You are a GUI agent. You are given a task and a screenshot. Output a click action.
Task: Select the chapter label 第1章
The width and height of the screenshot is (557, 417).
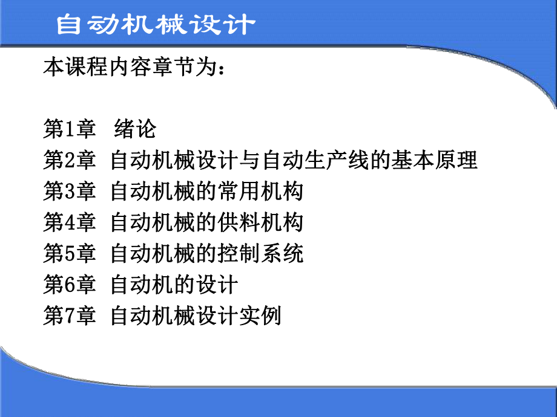pos(70,128)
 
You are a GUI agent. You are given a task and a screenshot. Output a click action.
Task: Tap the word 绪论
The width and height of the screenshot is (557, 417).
pos(135,128)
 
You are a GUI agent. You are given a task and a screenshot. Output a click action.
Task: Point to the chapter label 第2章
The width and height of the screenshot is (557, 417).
pos(70,160)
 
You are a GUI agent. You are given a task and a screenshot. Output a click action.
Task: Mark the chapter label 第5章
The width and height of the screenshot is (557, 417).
pos(70,254)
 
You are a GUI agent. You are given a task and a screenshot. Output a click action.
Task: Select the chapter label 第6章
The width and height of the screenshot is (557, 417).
pos(70,285)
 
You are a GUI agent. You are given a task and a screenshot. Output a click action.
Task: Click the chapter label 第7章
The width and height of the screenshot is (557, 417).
pos(70,317)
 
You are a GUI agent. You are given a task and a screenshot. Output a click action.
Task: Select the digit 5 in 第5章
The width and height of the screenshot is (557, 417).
pos(70,254)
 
